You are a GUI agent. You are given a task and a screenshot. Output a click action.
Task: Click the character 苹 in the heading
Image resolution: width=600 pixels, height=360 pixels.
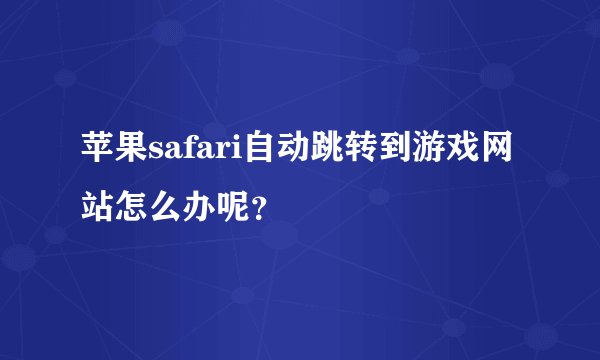(x=98, y=148)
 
